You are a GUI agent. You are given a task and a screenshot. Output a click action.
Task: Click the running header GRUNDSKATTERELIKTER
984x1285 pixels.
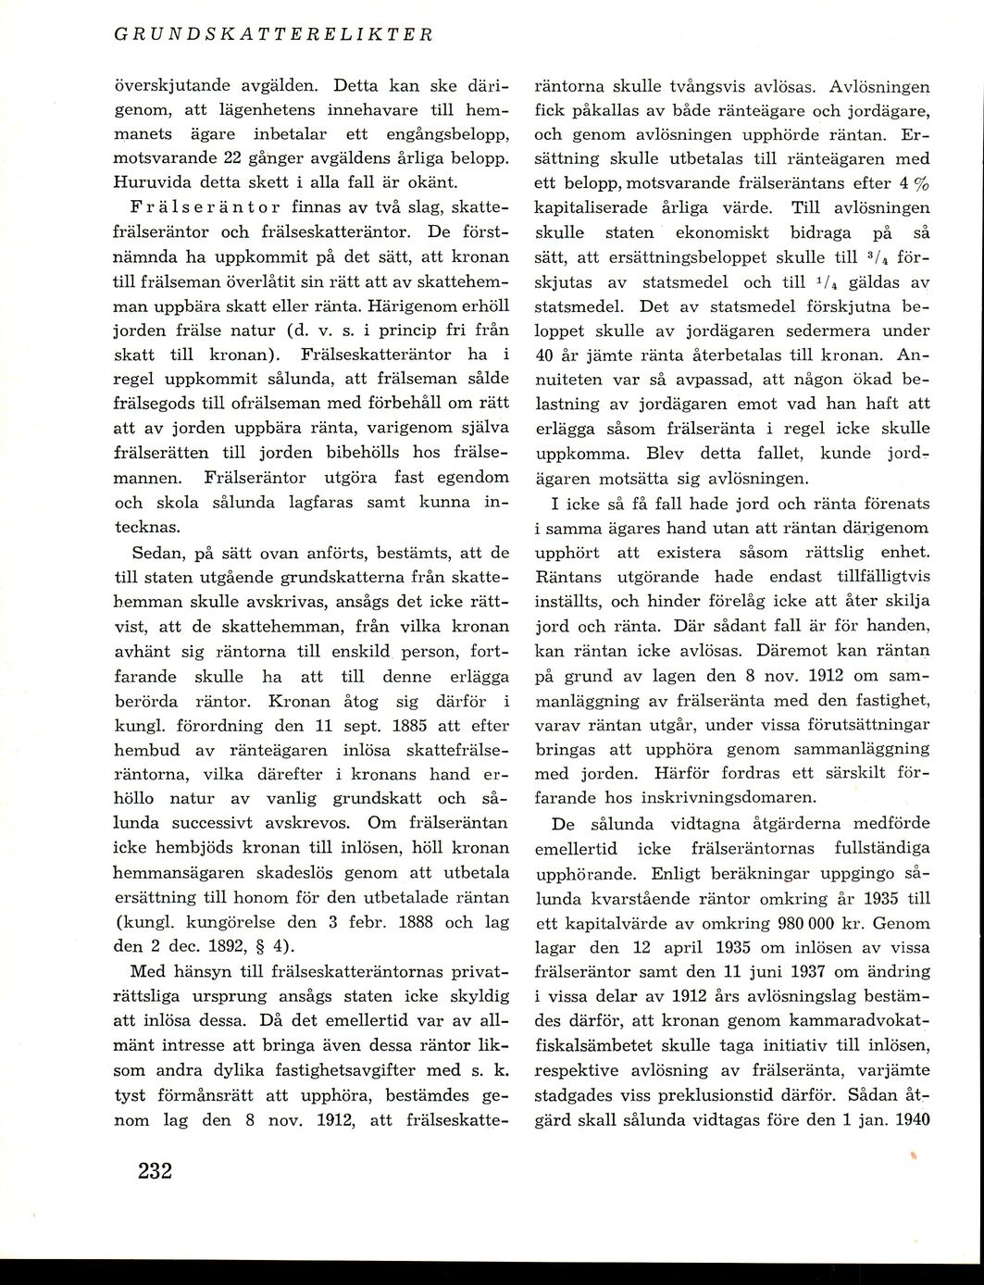pyautogui.click(x=273, y=34)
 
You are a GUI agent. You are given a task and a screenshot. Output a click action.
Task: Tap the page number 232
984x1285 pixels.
pyautogui.click(x=156, y=1171)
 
